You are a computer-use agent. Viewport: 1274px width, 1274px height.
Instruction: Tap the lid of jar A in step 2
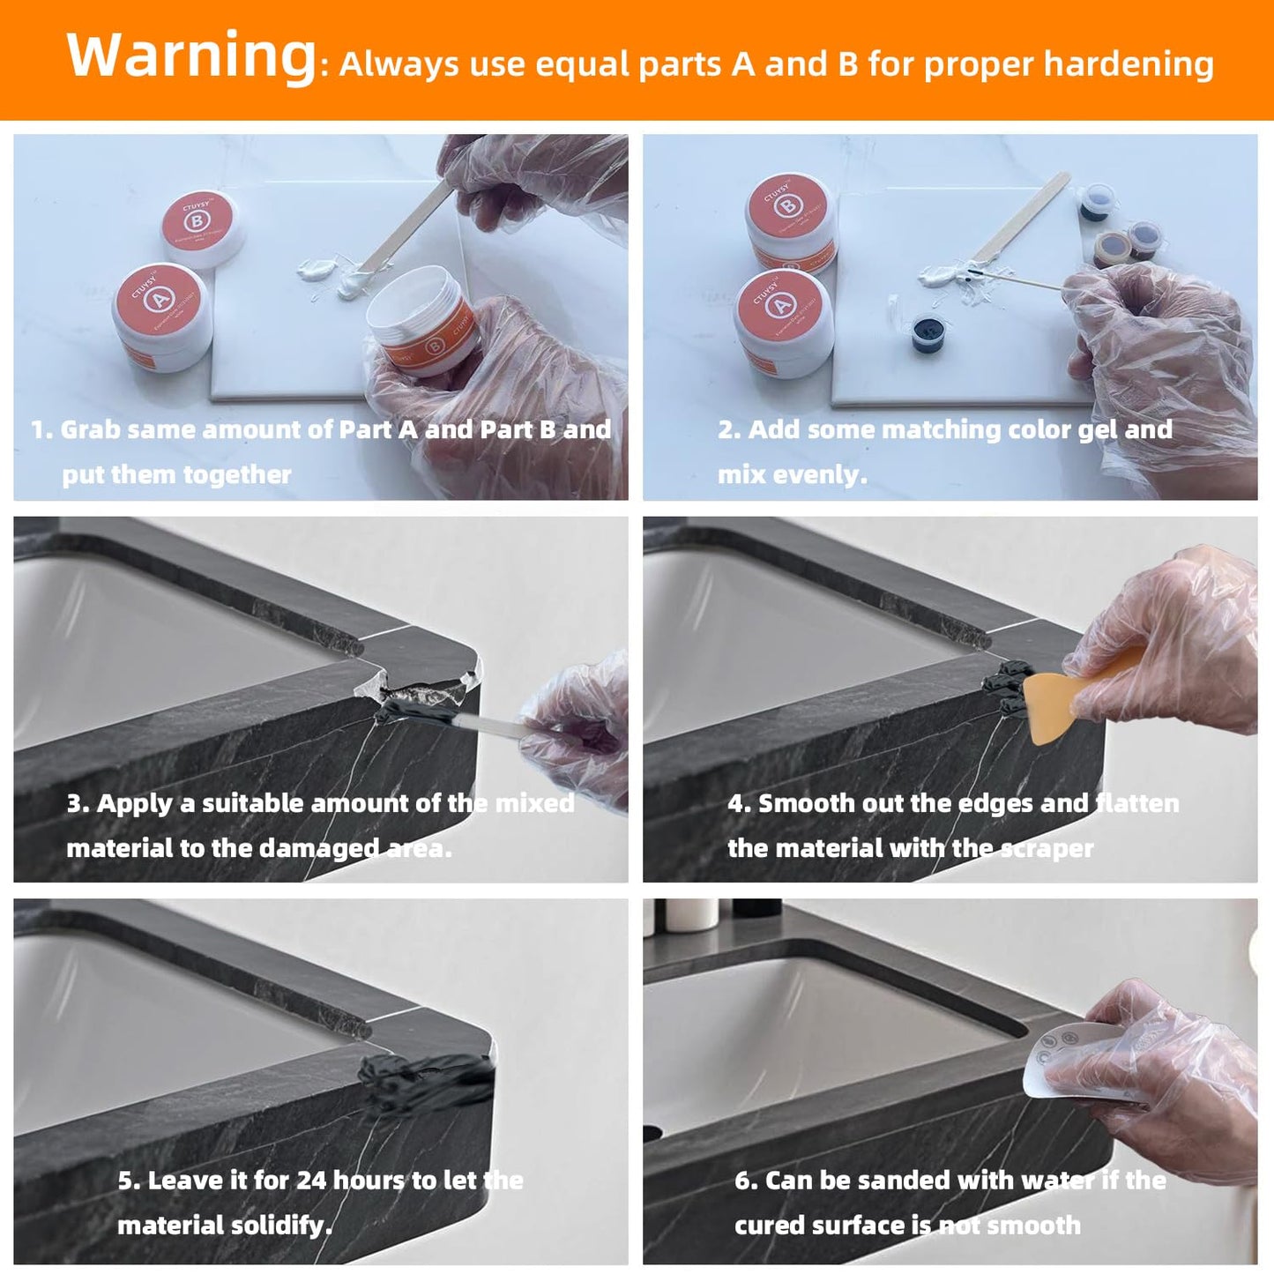[x=780, y=303]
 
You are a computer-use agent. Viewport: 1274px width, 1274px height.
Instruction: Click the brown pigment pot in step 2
[x=1113, y=249]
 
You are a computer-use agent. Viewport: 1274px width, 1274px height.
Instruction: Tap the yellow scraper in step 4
[x=1058, y=701]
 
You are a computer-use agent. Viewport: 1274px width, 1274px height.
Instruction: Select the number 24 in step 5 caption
[x=311, y=1181]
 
